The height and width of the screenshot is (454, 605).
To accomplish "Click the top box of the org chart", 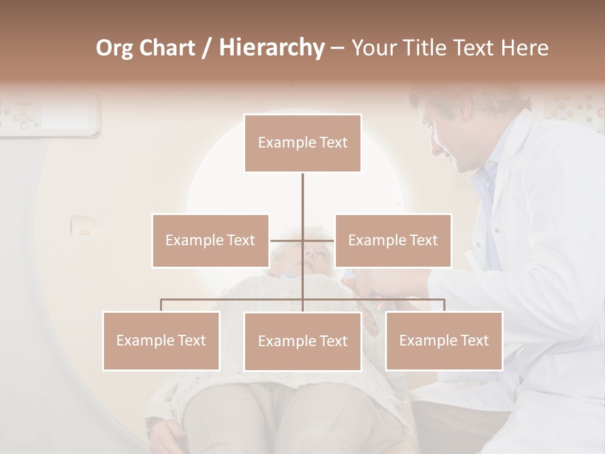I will pyautogui.click(x=302, y=143).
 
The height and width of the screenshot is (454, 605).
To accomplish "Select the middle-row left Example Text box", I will pyautogui.click(x=210, y=240).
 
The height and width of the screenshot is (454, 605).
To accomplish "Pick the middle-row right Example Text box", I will pyautogui.click(x=393, y=240).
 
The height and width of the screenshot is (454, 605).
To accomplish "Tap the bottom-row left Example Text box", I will pyautogui.click(x=161, y=340).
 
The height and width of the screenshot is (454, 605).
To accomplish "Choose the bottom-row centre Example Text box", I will pyautogui.click(x=302, y=341).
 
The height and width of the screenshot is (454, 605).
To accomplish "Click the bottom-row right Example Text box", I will pyautogui.click(x=444, y=340).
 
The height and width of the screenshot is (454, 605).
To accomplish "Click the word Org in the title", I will pyautogui.click(x=115, y=48).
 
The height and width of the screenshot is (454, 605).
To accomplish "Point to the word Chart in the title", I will pyautogui.click(x=167, y=48).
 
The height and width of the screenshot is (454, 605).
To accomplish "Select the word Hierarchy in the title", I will pyautogui.click(x=271, y=48).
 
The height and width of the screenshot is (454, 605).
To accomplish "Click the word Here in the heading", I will pyautogui.click(x=524, y=48).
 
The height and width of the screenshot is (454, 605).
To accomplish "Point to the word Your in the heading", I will pyautogui.click(x=374, y=48).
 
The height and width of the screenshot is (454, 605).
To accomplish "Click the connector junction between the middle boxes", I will pyautogui.click(x=302, y=240).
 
